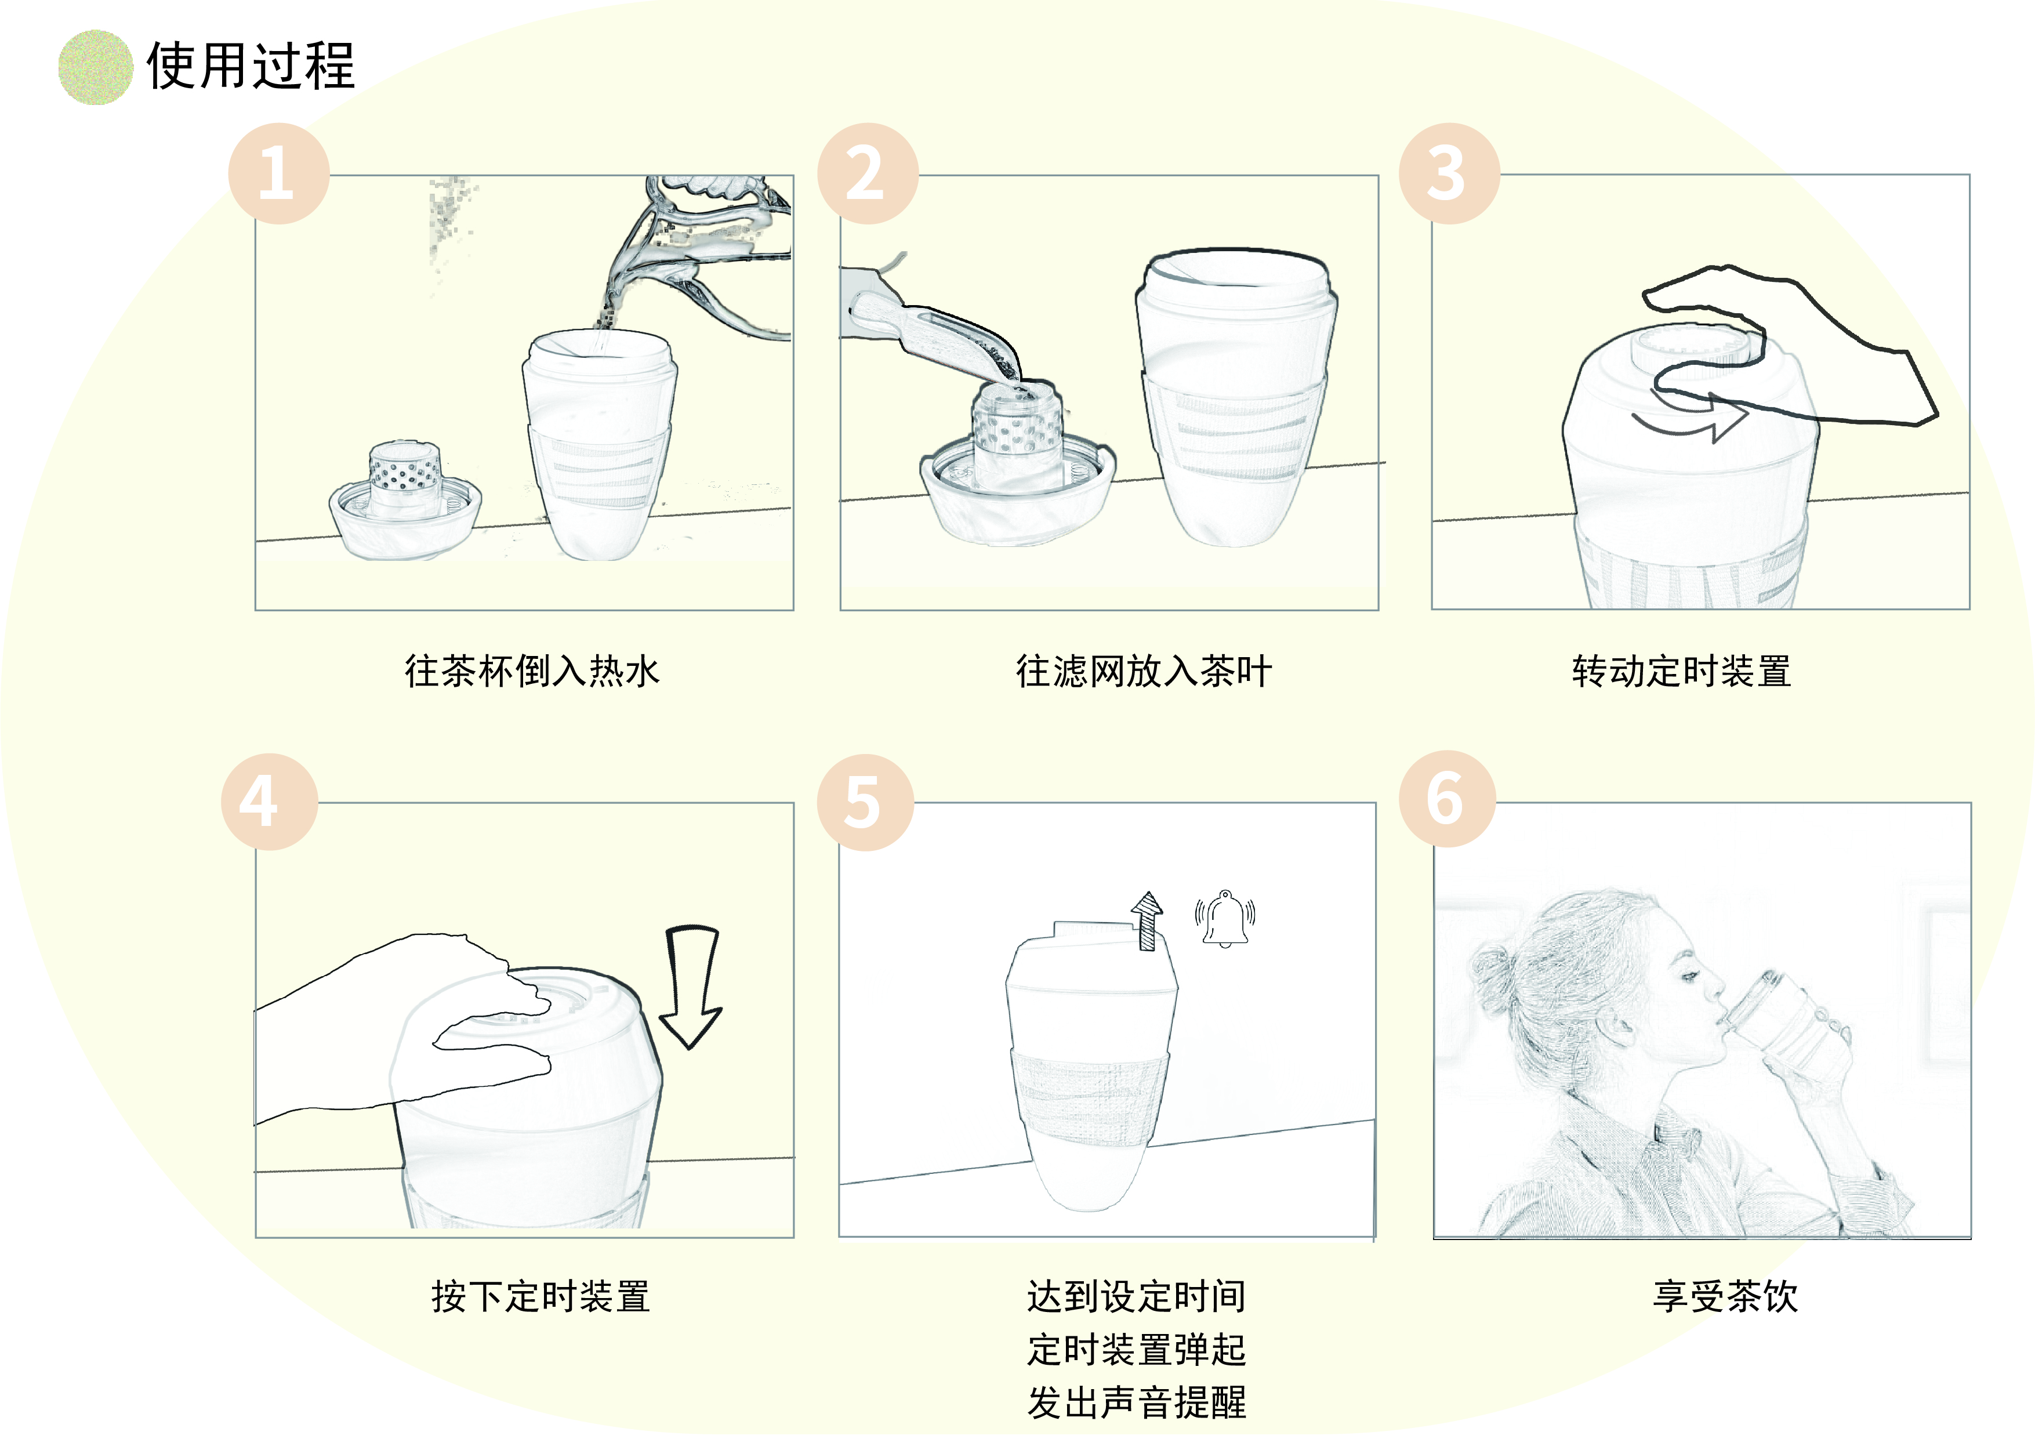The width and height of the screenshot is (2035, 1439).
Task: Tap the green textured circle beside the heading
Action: point(95,67)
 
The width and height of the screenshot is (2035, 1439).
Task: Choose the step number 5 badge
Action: point(864,802)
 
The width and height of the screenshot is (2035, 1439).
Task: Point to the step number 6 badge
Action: point(1446,799)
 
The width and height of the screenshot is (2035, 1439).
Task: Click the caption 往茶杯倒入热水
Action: point(532,671)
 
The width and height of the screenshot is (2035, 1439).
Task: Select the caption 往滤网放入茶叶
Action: point(1144,671)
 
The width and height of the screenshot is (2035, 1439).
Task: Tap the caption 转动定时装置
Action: point(1681,671)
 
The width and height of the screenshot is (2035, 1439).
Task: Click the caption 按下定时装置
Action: point(541,1296)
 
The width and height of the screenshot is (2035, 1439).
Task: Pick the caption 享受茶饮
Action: point(1725,1296)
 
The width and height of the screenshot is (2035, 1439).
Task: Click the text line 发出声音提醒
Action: point(1136,1402)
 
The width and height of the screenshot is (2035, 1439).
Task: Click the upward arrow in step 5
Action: point(1147,920)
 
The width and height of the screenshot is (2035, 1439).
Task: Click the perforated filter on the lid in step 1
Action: point(405,470)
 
